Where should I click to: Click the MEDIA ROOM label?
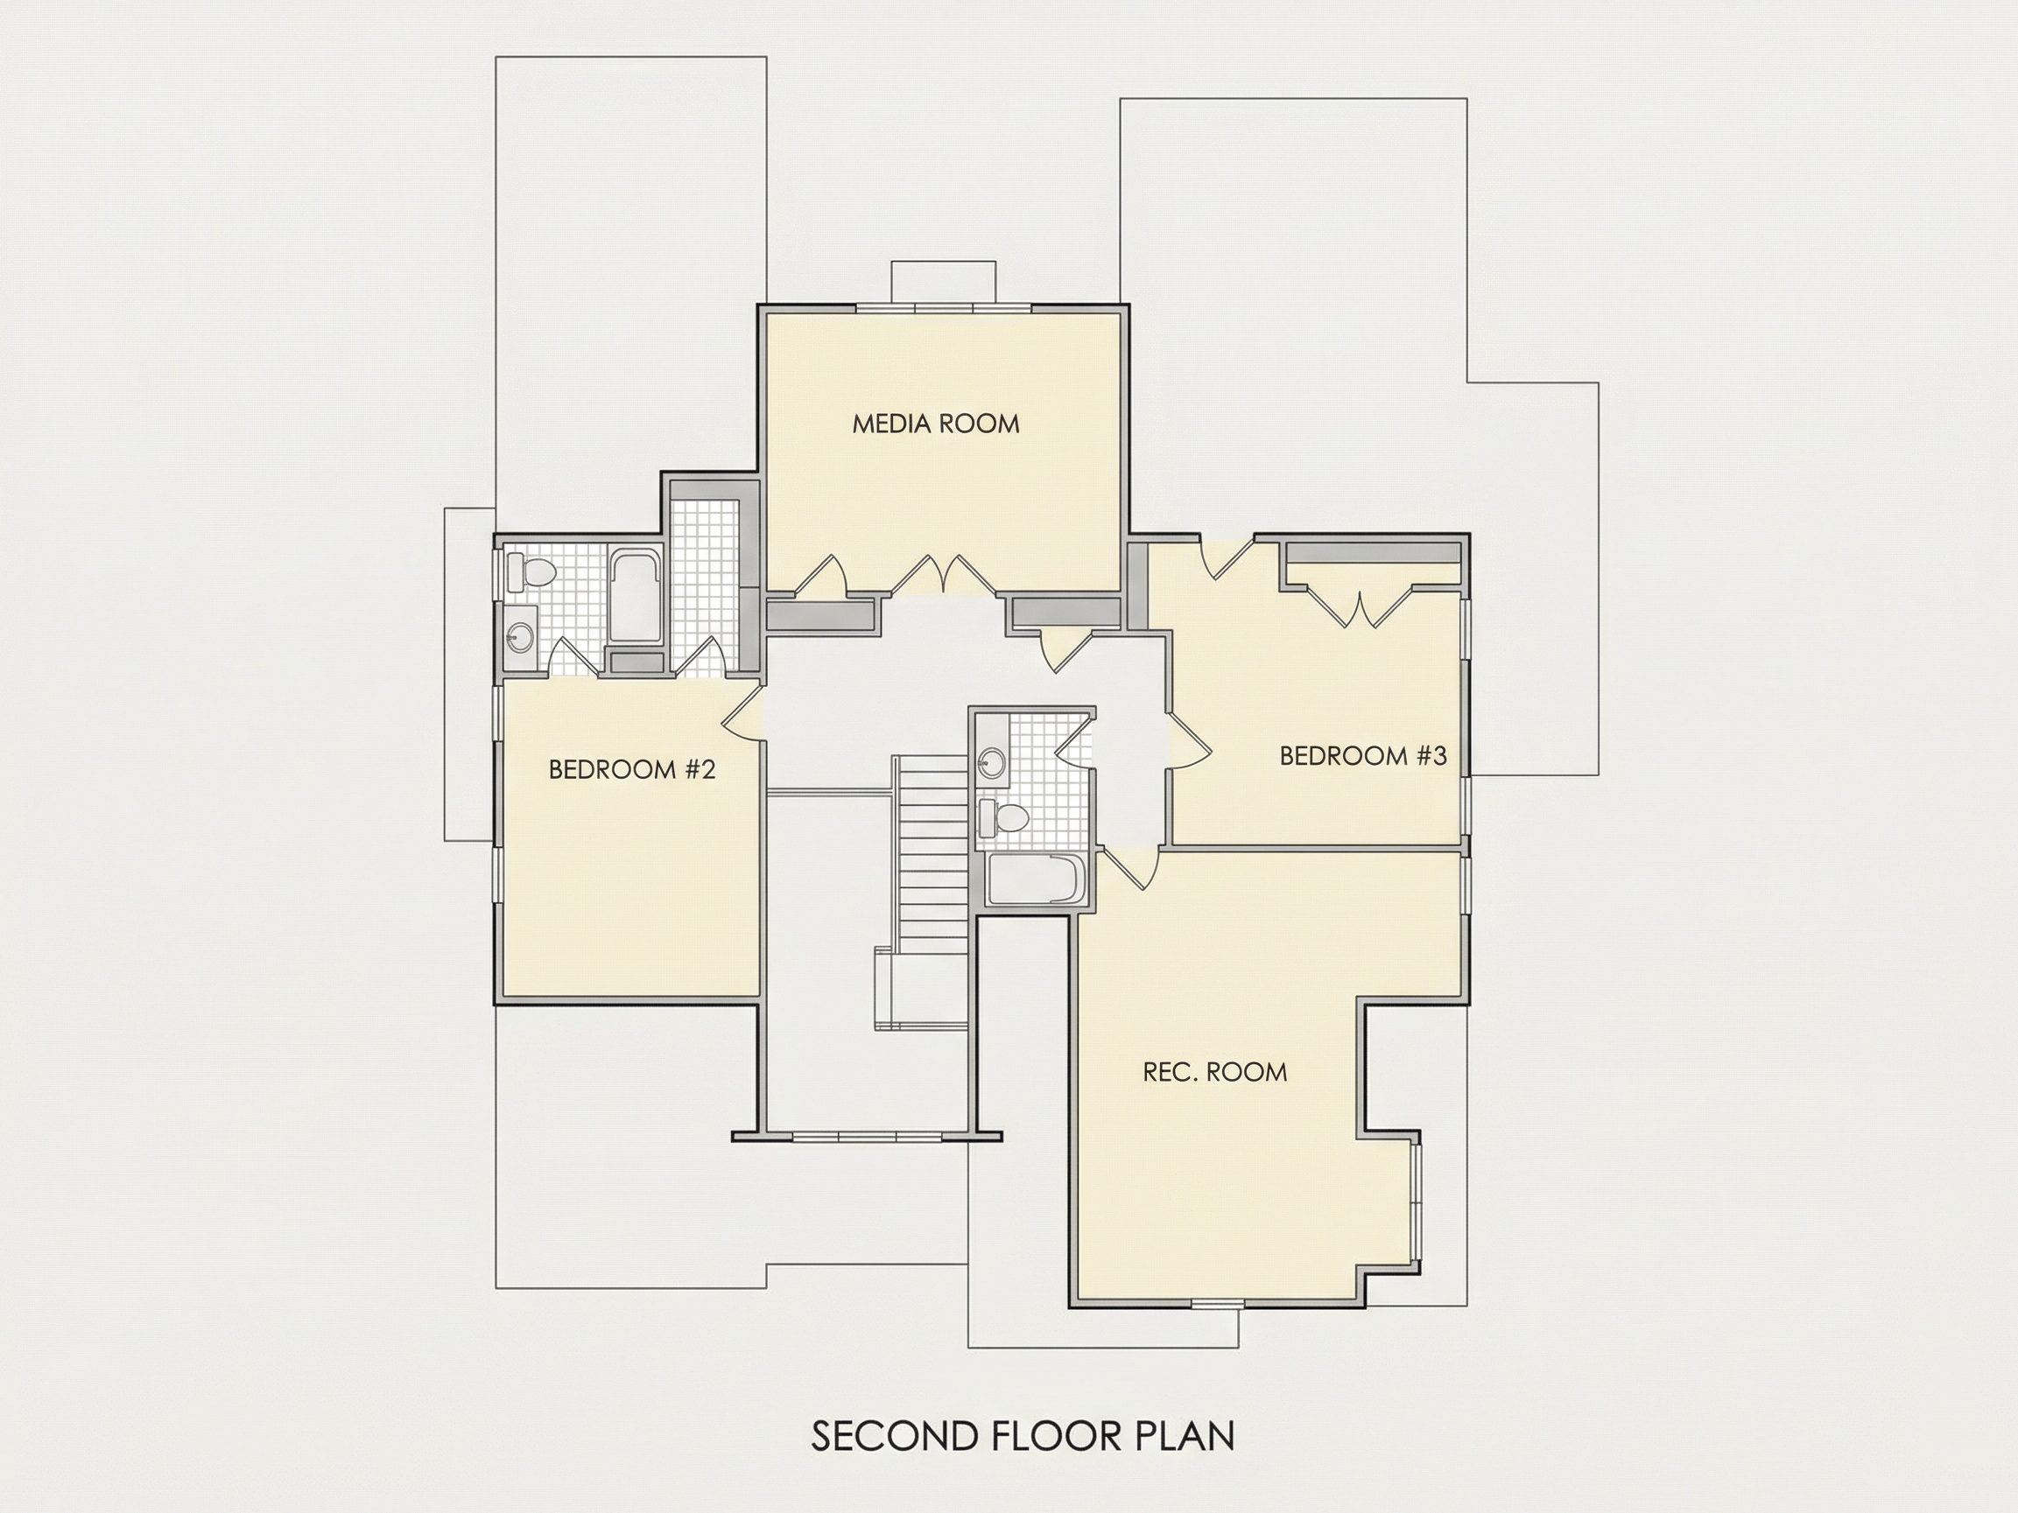click(x=935, y=424)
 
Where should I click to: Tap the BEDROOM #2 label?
click(x=631, y=770)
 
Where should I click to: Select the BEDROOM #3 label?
click(x=1363, y=756)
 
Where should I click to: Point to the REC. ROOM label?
click(x=1214, y=1072)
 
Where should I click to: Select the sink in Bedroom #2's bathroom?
click(x=521, y=634)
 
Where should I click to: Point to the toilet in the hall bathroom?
click(x=1001, y=817)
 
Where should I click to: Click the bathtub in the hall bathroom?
click(x=1036, y=879)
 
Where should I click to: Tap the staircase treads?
click(x=932, y=853)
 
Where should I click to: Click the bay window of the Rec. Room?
click(x=1416, y=1202)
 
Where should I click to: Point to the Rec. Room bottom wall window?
click(x=1215, y=1305)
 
